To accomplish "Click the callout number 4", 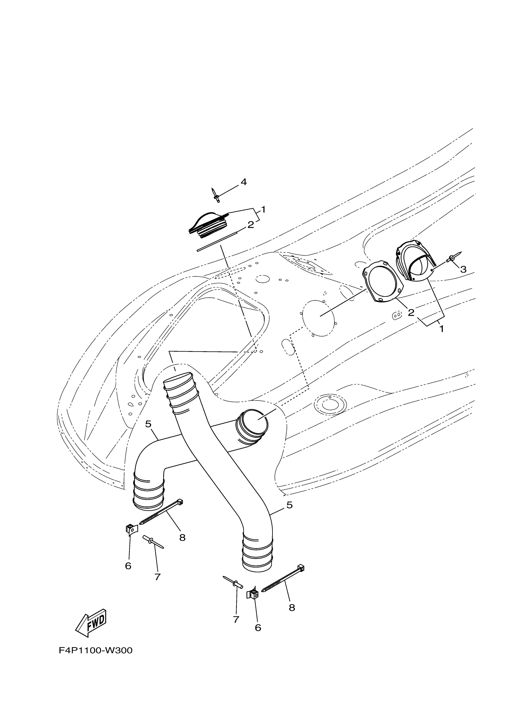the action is coord(243,182).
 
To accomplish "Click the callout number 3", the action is coord(463,269).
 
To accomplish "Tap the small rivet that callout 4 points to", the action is coord(216,195).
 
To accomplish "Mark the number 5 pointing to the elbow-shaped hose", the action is coord(148,424).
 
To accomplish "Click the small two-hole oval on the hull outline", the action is coord(397,315).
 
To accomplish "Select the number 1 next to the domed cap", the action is coord(263,209).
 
